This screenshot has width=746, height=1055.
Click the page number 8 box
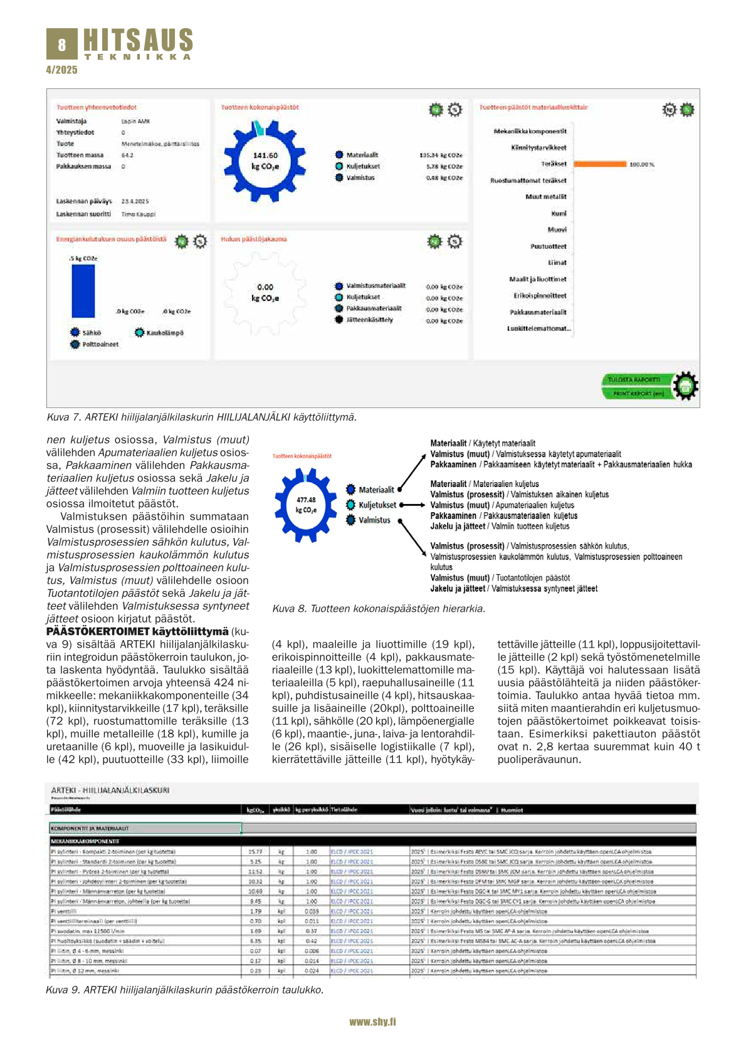coord(61,45)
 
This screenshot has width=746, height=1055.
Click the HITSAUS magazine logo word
coord(138,40)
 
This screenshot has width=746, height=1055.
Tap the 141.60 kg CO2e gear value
coord(265,160)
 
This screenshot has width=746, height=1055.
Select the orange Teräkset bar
coord(600,164)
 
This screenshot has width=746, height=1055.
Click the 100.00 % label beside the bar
coord(641,164)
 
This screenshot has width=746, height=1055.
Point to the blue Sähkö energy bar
coord(83,291)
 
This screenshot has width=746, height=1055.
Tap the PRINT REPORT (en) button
coord(638,394)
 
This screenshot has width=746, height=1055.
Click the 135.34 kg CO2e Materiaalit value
coord(441,155)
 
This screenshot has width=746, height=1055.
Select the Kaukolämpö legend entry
coord(164,333)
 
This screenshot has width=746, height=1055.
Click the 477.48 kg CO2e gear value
coord(306,505)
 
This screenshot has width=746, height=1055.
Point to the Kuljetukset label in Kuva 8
coord(377,505)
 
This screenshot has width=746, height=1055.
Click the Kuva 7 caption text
coord(201,417)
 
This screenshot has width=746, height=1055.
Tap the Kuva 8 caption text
coord(379,608)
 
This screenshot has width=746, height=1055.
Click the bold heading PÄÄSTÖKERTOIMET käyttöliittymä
coord(137,631)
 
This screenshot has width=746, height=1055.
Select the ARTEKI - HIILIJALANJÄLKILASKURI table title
coord(110,790)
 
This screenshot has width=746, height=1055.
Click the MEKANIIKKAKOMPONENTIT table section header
coord(85,841)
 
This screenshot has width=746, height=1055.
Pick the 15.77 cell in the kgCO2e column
coord(255,852)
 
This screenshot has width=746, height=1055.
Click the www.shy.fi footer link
coord(372,1022)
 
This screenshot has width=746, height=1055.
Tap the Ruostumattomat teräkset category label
coord(528,181)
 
